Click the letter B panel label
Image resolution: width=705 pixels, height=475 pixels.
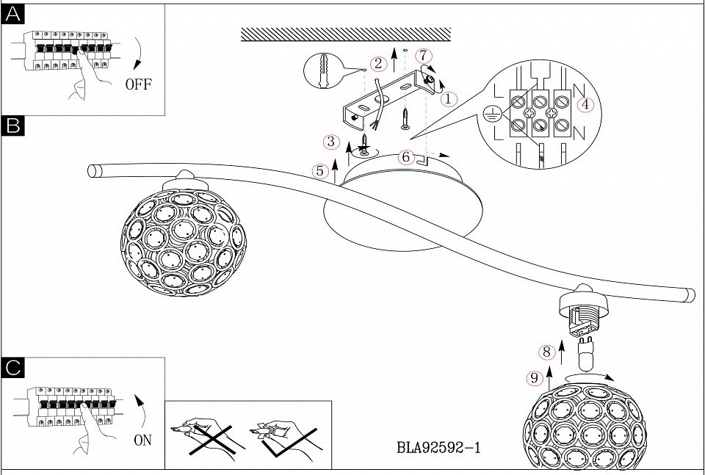[13, 126]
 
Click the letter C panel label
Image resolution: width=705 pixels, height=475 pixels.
[13, 369]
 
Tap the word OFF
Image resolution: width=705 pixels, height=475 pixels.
[138, 84]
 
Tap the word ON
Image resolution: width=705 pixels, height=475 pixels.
[143, 440]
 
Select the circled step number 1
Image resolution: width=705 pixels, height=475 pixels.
[449, 98]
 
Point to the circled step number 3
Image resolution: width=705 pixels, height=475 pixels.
[332, 142]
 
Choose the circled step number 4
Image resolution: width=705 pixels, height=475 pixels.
[585, 104]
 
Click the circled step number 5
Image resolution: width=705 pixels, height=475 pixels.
[319, 171]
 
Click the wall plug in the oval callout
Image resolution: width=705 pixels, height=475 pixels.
[324, 72]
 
